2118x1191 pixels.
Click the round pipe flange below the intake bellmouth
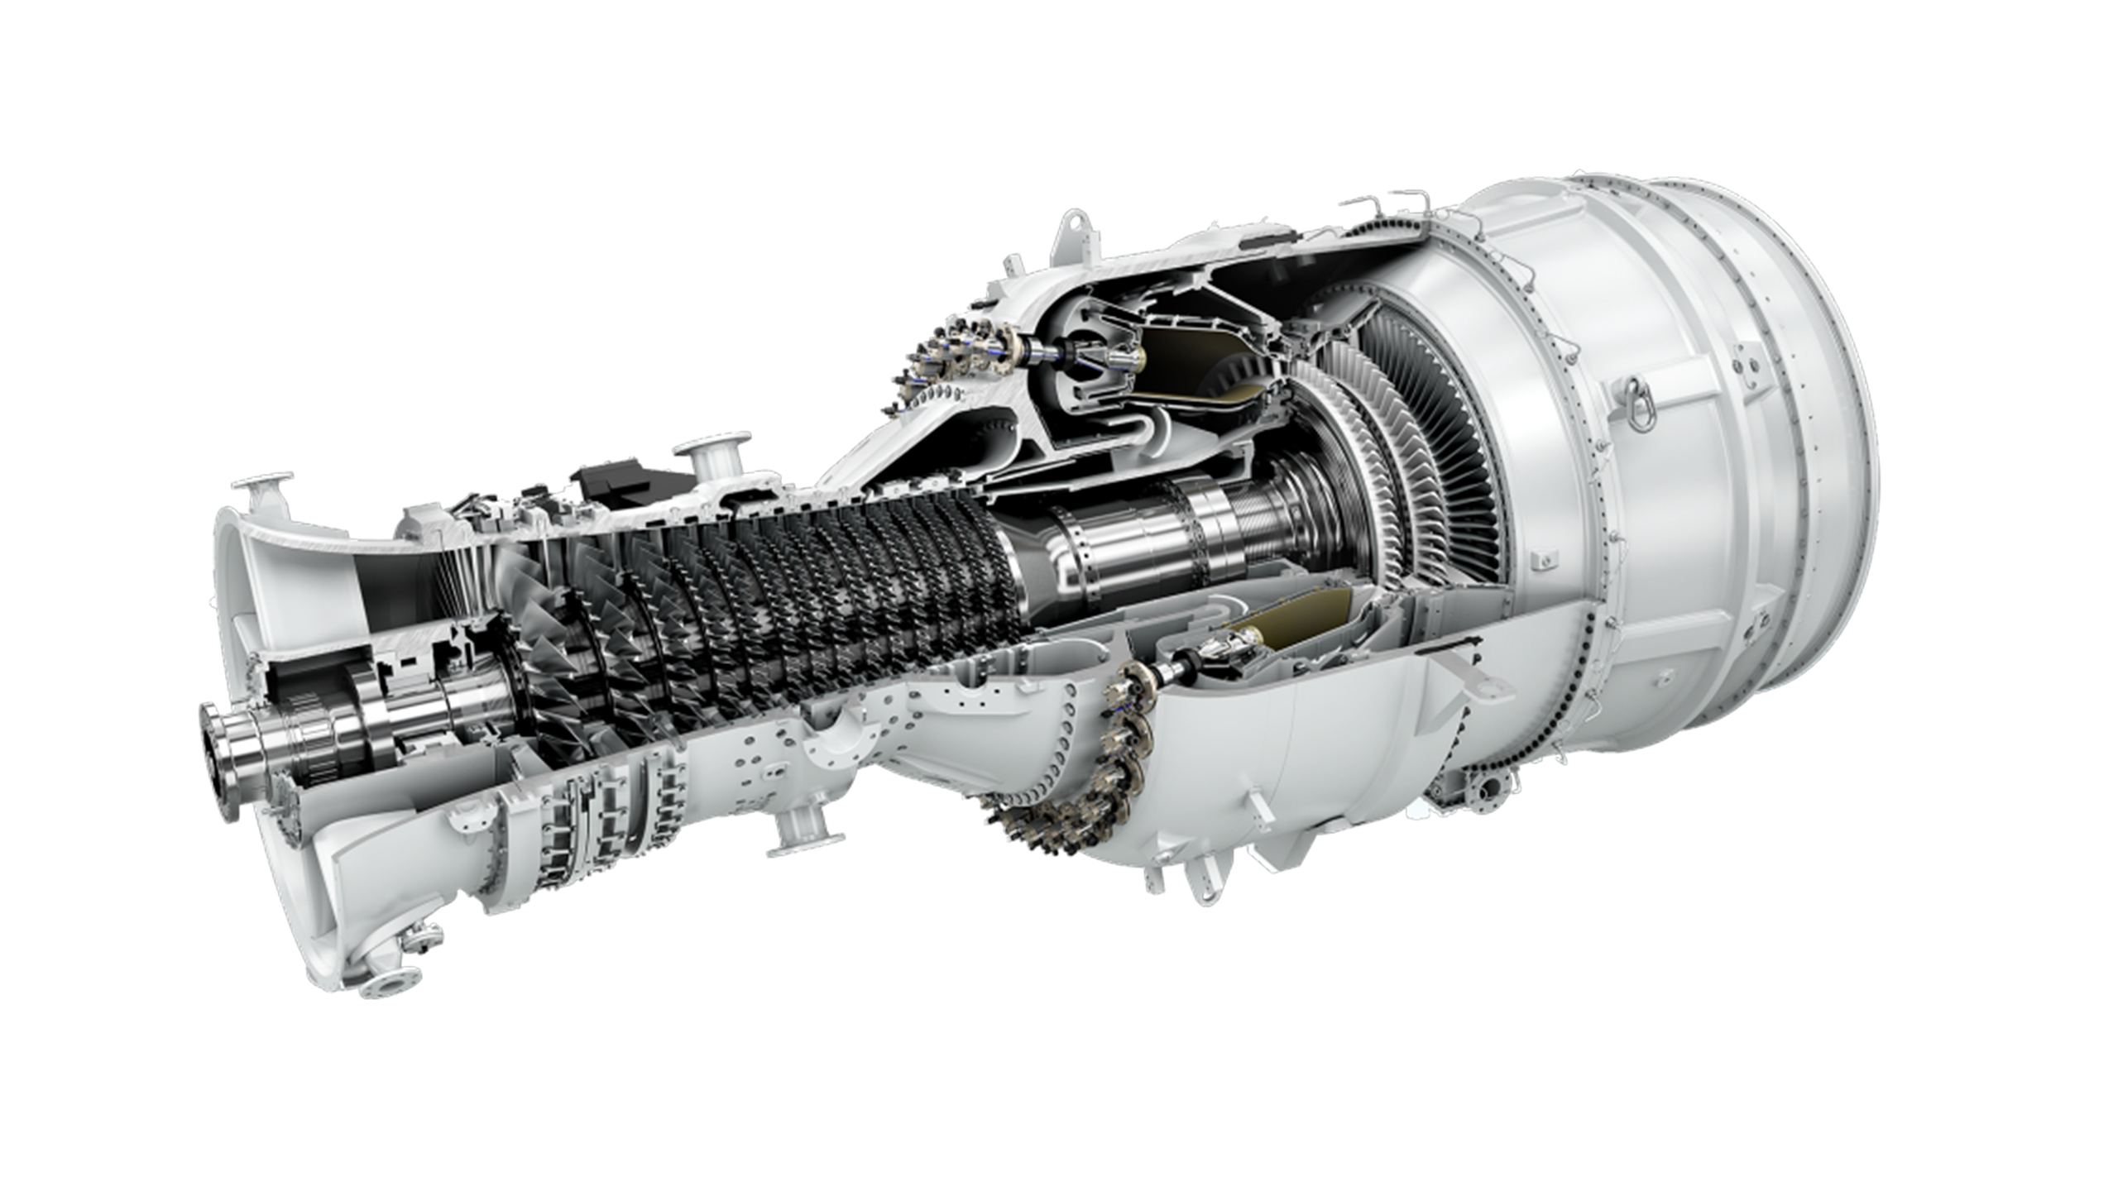[x=389, y=986]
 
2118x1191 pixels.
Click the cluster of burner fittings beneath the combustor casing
[x=1076, y=794]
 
